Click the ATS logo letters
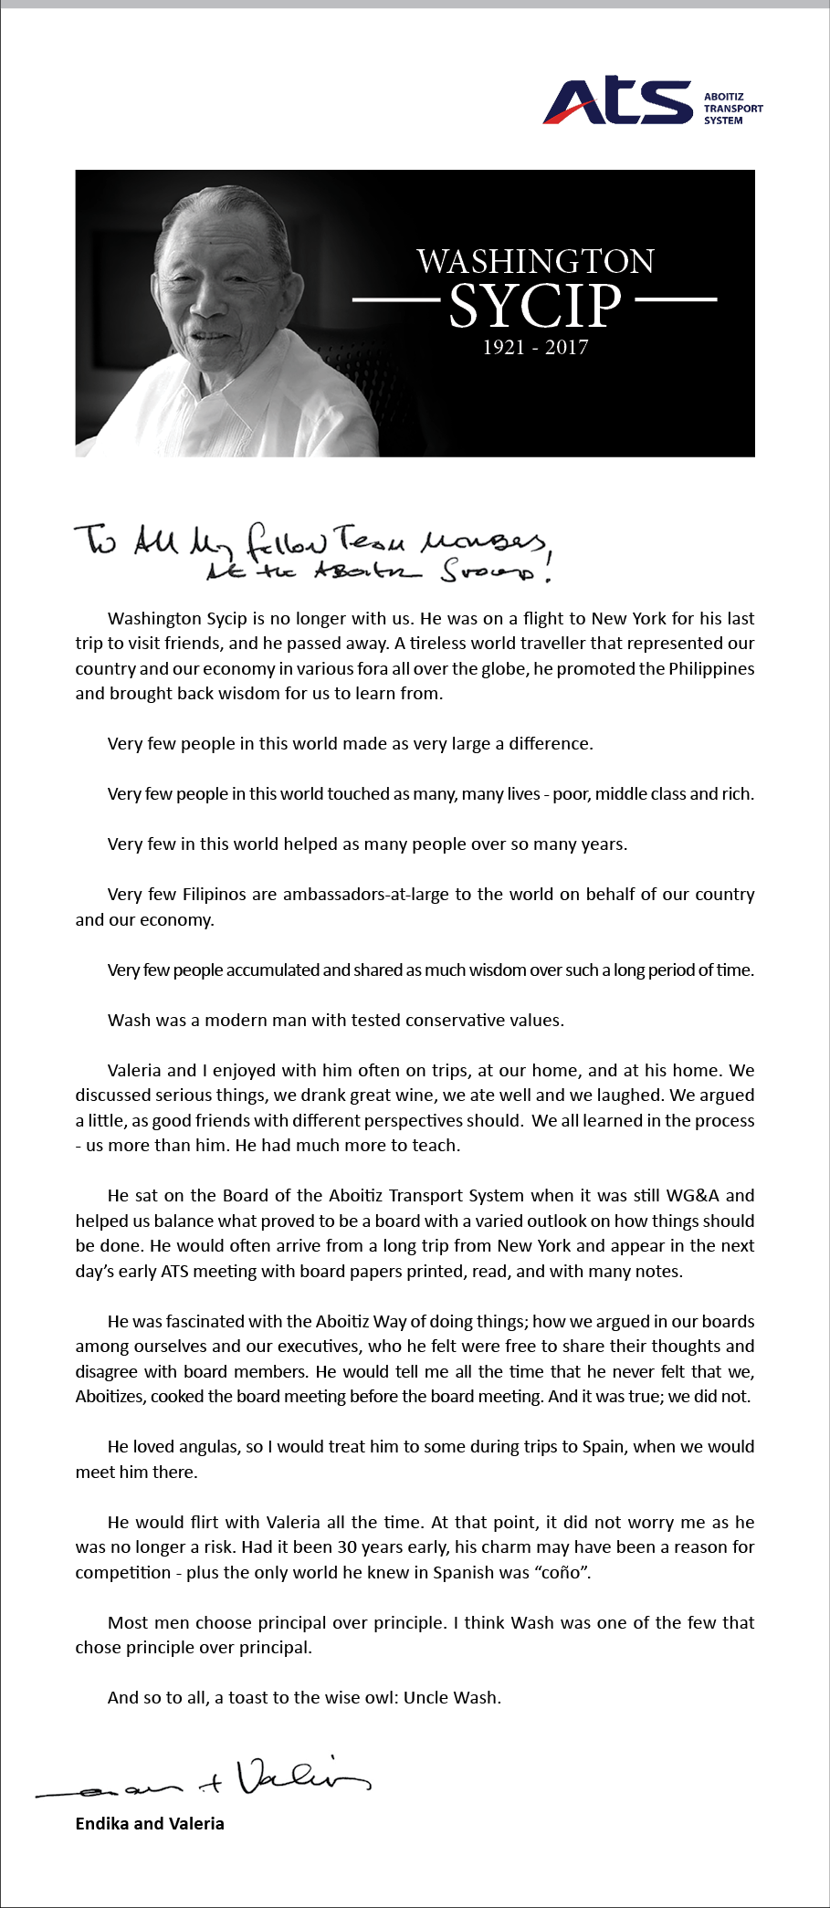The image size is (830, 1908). (x=618, y=102)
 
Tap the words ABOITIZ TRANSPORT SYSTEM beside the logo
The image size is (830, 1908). (x=732, y=108)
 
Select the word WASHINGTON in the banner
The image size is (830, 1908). (x=535, y=262)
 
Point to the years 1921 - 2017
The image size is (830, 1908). (x=535, y=347)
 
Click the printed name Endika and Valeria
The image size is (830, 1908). (x=150, y=1824)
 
